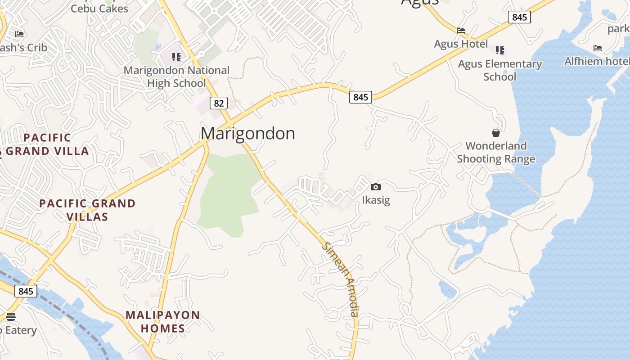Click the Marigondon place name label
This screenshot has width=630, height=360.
(248, 133)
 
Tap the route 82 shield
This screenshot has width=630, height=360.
(218, 103)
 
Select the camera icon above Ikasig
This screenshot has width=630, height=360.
(376, 187)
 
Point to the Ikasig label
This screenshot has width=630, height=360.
(376, 200)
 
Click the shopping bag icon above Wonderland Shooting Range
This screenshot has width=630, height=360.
(495, 133)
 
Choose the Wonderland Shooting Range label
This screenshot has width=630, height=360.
(496, 152)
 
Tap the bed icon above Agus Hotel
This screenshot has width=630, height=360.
(460, 31)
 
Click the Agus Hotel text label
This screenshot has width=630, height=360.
(460, 44)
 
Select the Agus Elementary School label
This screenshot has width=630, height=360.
(499, 70)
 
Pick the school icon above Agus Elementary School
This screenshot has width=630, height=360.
(500, 50)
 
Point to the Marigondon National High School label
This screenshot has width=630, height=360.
(176, 76)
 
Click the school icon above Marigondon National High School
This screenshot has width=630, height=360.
(176, 57)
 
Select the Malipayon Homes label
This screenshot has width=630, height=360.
(162, 321)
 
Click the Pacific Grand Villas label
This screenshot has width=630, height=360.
(87, 210)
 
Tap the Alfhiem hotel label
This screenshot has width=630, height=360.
(597, 61)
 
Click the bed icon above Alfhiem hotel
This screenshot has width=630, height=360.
(597, 48)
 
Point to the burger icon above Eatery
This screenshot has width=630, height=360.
(11, 316)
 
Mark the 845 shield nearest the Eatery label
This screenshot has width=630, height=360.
(26, 291)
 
